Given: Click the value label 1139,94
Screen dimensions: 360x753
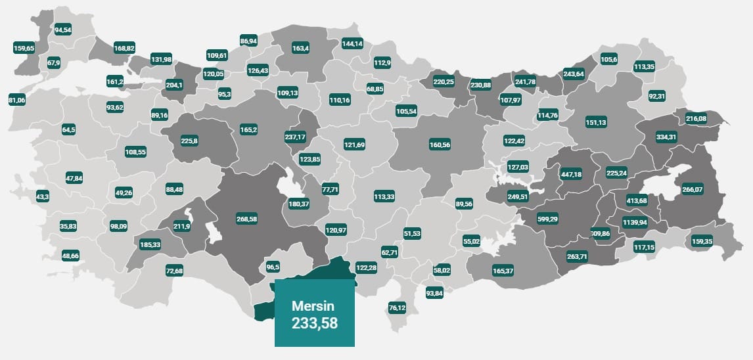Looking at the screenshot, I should (635, 223).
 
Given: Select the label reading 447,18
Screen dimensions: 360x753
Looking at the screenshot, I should (570, 174).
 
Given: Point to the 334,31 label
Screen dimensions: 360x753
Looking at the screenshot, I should (666, 137).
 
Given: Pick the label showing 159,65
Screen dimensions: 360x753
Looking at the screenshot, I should (24, 47).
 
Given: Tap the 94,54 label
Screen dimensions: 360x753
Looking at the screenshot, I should (64, 30).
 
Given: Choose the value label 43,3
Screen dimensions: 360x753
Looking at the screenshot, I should (43, 196).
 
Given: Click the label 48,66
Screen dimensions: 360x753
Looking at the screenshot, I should (70, 255).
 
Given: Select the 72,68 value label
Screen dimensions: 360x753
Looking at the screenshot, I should (175, 271).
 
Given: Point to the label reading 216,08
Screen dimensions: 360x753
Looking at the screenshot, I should (696, 118).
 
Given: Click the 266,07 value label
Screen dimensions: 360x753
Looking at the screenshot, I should (693, 189).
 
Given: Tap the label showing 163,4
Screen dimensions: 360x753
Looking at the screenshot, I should (301, 48).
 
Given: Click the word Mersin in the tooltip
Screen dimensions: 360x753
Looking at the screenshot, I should (313, 306).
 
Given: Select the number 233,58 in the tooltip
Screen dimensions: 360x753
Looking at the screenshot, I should (315, 323).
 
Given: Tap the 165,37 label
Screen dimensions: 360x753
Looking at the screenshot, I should (503, 271).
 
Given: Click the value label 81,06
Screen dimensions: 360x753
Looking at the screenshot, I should (17, 100).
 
